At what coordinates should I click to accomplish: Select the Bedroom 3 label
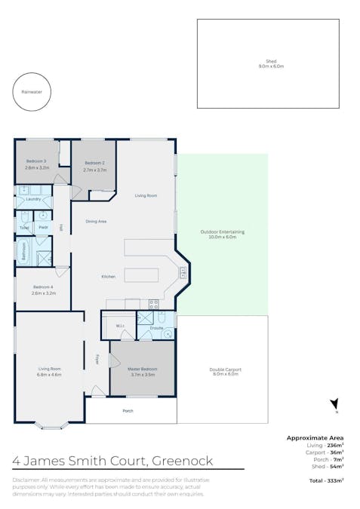[35, 165]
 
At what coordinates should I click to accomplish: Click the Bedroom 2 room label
[94, 167]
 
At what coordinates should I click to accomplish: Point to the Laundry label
[32, 199]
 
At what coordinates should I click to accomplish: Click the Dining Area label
[96, 221]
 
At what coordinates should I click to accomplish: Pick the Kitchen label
[109, 277]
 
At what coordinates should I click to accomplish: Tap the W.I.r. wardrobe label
[120, 326]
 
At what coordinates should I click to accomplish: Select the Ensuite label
[157, 329]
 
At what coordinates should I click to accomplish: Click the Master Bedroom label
[142, 371]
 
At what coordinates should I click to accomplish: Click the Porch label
[128, 411]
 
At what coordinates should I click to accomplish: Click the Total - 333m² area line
[325, 480]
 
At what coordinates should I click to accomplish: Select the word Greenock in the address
[183, 461]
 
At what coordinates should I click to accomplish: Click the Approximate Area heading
[315, 437]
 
